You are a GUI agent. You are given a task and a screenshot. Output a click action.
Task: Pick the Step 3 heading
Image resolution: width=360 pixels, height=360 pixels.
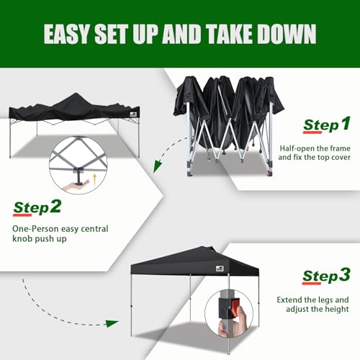pos(326,276)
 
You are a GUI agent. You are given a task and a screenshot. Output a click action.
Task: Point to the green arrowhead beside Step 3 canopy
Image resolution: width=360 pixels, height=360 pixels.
pos(112,323)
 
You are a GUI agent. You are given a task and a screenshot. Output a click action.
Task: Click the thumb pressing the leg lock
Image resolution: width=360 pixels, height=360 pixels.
pos(242,316)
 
